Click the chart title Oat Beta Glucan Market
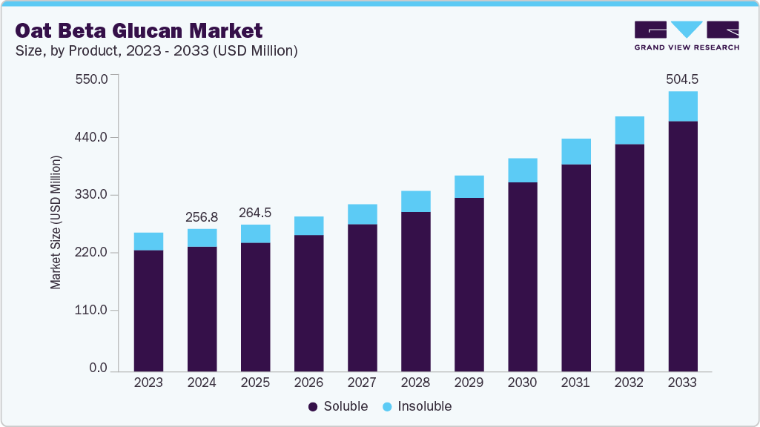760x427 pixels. (139, 31)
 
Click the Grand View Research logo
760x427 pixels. (687, 36)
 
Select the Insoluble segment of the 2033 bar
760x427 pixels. (682, 106)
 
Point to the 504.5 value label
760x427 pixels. (682, 79)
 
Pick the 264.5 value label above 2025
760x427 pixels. (255, 213)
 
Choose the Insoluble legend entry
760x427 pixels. (417, 406)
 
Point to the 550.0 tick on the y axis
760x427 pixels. (93, 79)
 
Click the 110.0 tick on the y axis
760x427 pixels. (93, 310)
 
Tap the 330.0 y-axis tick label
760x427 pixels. (93, 195)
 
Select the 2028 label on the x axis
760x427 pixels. (415, 383)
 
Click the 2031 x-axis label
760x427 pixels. (575, 383)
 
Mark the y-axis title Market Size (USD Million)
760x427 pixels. (56, 222)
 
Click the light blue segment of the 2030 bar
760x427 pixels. (522, 170)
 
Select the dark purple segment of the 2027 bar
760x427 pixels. (362, 297)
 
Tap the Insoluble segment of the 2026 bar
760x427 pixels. (308, 225)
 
